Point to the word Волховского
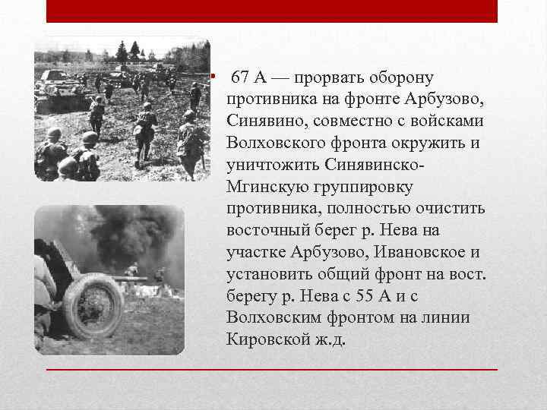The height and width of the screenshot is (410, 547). pos(272,143)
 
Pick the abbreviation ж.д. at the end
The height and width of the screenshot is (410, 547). pos(331,338)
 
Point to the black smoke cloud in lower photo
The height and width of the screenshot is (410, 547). pos(114,235)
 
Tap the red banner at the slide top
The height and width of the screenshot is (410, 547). pos(272,11)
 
